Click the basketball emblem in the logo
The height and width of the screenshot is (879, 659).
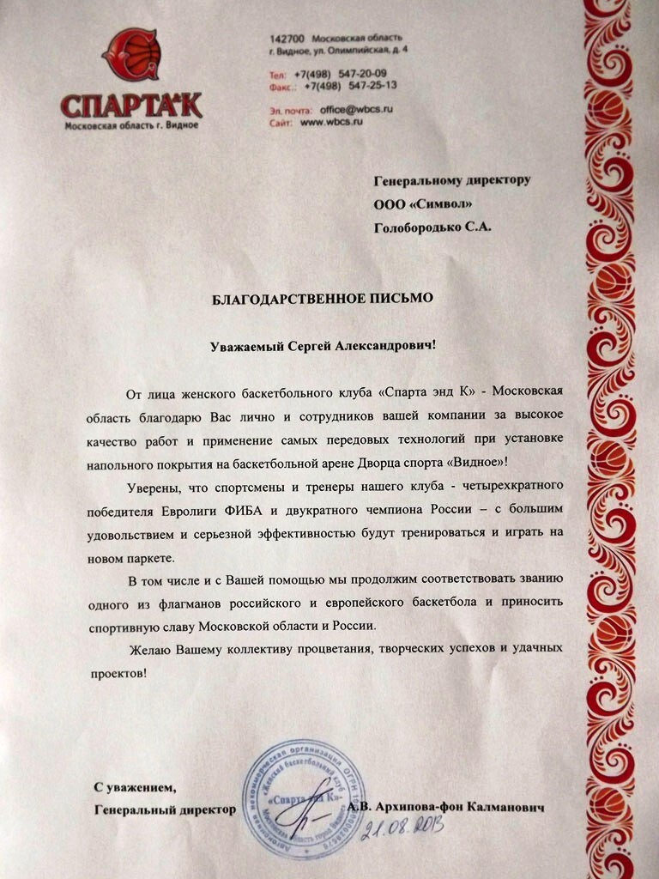[x=132, y=56]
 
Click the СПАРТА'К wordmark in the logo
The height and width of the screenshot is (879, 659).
[x=131, y=106]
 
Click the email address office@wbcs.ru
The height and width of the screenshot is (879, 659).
[x=355, y=111]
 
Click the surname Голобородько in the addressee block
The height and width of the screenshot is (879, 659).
[x=417, y=227]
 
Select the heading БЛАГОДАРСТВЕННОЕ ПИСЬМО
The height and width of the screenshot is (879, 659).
[x=323, y=298]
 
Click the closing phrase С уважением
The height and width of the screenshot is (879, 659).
[x=135, y=787]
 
